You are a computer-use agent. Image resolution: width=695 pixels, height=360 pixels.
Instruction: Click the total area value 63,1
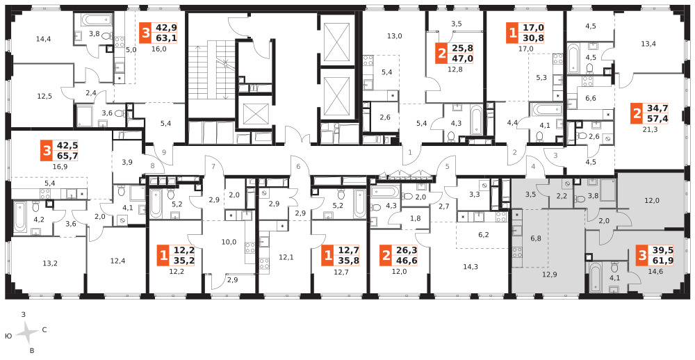(165, 38)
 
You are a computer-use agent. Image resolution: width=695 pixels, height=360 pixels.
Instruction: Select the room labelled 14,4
(43, 39)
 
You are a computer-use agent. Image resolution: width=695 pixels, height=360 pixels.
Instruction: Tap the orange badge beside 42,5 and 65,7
(47, 151)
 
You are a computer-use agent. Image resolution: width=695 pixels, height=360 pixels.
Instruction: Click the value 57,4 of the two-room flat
(657, 118)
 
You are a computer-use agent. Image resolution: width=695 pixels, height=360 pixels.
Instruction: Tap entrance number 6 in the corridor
(298, 166)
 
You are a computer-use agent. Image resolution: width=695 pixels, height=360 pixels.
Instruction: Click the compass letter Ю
(8, 337)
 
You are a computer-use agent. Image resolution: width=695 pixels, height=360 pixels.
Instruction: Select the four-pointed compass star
(28, 332)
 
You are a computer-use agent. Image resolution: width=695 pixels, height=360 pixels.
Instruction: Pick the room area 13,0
(394, 36)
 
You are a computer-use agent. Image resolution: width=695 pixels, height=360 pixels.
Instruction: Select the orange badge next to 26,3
(386, 256)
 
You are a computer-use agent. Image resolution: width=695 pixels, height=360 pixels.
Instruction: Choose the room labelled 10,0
(229, 242)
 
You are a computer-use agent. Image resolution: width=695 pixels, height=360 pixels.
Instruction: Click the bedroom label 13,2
(50, 263)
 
